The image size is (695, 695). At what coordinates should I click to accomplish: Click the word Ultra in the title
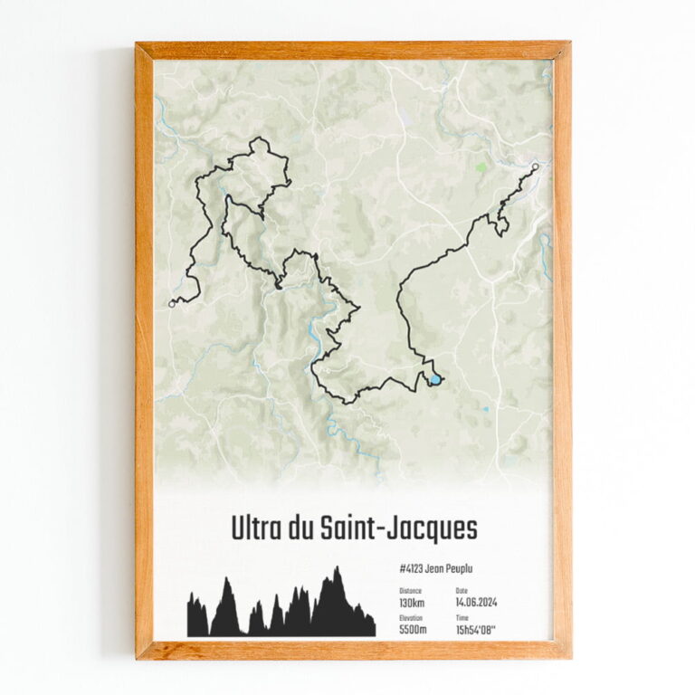tap(256, 528)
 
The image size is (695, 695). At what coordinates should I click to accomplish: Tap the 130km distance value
tap(412, 603)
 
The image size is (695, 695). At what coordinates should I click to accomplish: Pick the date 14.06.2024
tap(477, 603)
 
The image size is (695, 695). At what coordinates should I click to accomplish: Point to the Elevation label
tap(411, 617)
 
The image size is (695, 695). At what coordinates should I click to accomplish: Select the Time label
tap(462, 617)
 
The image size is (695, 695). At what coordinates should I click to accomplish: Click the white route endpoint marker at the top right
tap(536, 167)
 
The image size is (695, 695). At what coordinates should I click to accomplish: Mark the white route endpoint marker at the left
tap(171, 304)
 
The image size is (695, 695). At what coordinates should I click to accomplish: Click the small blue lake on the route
tap(436, 380)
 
